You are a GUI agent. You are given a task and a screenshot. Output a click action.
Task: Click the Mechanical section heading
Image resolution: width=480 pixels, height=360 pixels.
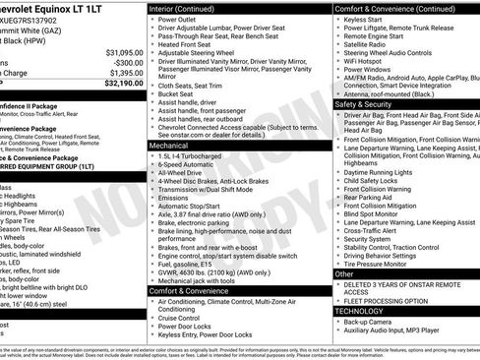point(174,144)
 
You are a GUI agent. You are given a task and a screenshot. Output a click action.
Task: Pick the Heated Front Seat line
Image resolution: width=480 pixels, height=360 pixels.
point(187,45)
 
